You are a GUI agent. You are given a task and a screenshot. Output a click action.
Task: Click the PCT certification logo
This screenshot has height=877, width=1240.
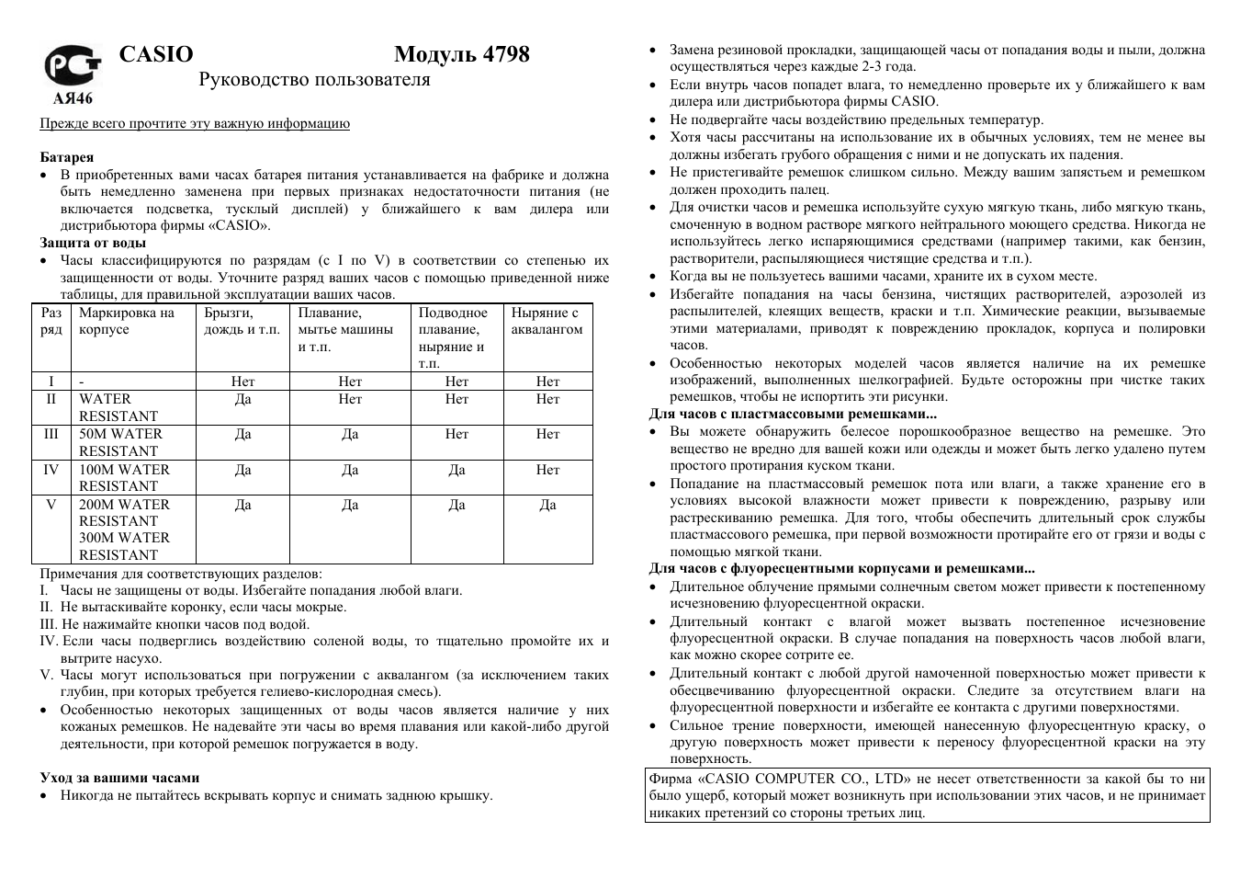point(67,66)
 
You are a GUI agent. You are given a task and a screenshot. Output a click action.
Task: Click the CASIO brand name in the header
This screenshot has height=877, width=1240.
point(156,54)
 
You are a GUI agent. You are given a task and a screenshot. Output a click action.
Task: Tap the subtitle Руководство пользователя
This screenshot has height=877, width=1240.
point(314,80)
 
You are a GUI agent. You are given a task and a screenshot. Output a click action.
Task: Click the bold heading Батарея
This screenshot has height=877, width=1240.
point(66,157)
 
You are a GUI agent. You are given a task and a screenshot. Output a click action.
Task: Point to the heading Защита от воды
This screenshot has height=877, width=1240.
point(93,243)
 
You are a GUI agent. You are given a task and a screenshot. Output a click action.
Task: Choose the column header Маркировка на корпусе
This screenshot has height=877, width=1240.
point(126,321)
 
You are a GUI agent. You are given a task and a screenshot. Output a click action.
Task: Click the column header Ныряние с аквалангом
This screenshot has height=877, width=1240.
point(547,321)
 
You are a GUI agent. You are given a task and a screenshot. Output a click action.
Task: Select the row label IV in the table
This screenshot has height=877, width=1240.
point(51,470)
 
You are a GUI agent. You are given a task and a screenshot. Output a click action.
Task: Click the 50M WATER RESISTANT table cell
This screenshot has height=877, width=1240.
point(120,442)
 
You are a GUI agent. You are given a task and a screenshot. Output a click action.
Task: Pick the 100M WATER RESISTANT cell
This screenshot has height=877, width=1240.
point(124,477)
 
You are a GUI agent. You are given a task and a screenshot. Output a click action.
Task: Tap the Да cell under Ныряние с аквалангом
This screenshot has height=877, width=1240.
point(547,505)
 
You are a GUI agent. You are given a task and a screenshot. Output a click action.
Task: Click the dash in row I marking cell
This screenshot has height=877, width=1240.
point(82,382)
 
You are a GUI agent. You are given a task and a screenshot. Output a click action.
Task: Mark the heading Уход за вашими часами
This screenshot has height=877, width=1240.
point(119,778)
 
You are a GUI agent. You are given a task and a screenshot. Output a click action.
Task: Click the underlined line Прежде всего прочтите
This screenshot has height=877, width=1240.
point(195,123)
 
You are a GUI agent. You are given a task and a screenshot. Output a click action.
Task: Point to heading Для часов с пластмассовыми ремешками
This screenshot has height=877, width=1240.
point(792,414)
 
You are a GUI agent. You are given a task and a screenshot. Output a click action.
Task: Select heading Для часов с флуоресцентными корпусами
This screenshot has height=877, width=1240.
point(841,568)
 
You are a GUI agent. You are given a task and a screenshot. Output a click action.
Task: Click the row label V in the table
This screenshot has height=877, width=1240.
point(51,505)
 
